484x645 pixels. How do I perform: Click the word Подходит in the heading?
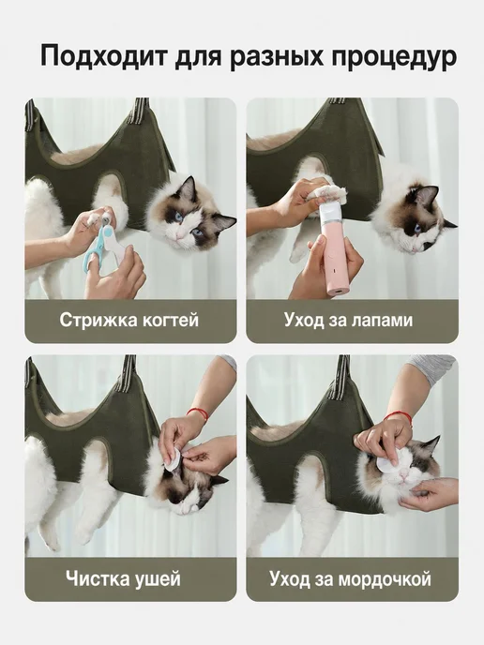tap(104, 56)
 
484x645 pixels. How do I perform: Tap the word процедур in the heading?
tap(394, 58)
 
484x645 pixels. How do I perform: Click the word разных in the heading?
tap(276, 57)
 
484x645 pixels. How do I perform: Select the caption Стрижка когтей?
tap(129, 320)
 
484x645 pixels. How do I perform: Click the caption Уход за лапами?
tap(348, 320)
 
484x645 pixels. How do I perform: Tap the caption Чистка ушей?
tap(123, 578)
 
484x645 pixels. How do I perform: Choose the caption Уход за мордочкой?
tap(350, 578)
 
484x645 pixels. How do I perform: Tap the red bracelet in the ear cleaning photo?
tap(198, 413)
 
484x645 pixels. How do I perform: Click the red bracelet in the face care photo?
tap(398, 416)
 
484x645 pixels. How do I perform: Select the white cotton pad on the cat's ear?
tap(172, 459)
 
